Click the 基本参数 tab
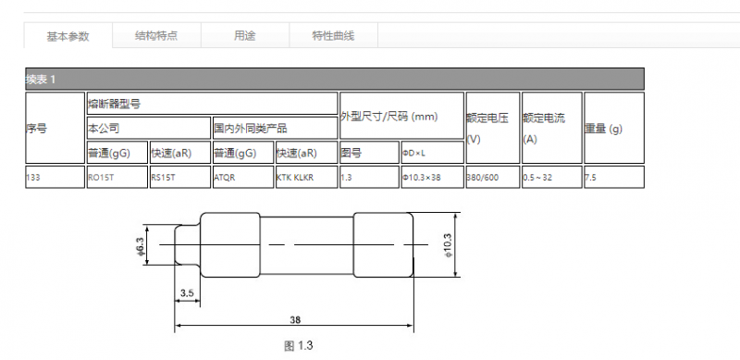pos(68,36)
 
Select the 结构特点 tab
pos(156,35)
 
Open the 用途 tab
pos(245,35)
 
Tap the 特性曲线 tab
pos(333,35)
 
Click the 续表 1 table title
pos(41,80)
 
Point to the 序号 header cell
pos(55,128)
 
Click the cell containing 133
pos(55,177)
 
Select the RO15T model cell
pos(117,177)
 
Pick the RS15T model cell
pos(180,177)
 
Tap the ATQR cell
pos(243,177)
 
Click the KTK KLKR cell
pos(307,177)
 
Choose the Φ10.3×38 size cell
pos(432,177)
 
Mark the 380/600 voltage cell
pos(493,177)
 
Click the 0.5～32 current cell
pos(552,177)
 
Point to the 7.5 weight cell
pos(614,177)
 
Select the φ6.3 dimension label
pos(141,245)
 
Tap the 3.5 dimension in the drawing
pos(188,293)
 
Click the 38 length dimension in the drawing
pos(295,319)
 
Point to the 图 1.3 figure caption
pos(298,346)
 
